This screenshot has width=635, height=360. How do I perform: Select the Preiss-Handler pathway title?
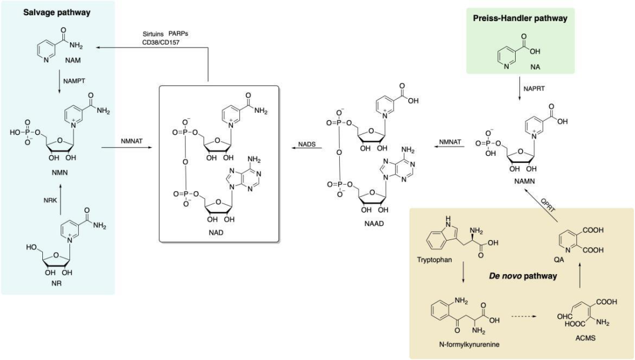(520, 18)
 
